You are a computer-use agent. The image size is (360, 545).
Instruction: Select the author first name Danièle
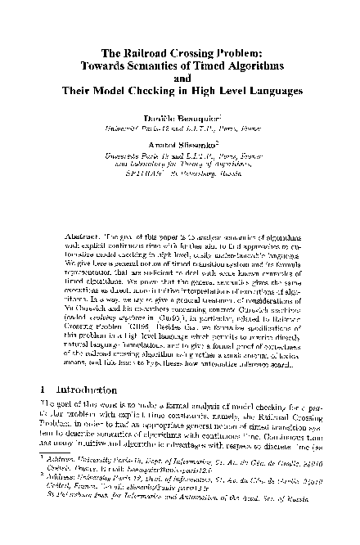[159, 118]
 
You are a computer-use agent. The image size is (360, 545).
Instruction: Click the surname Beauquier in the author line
[197, 118]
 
